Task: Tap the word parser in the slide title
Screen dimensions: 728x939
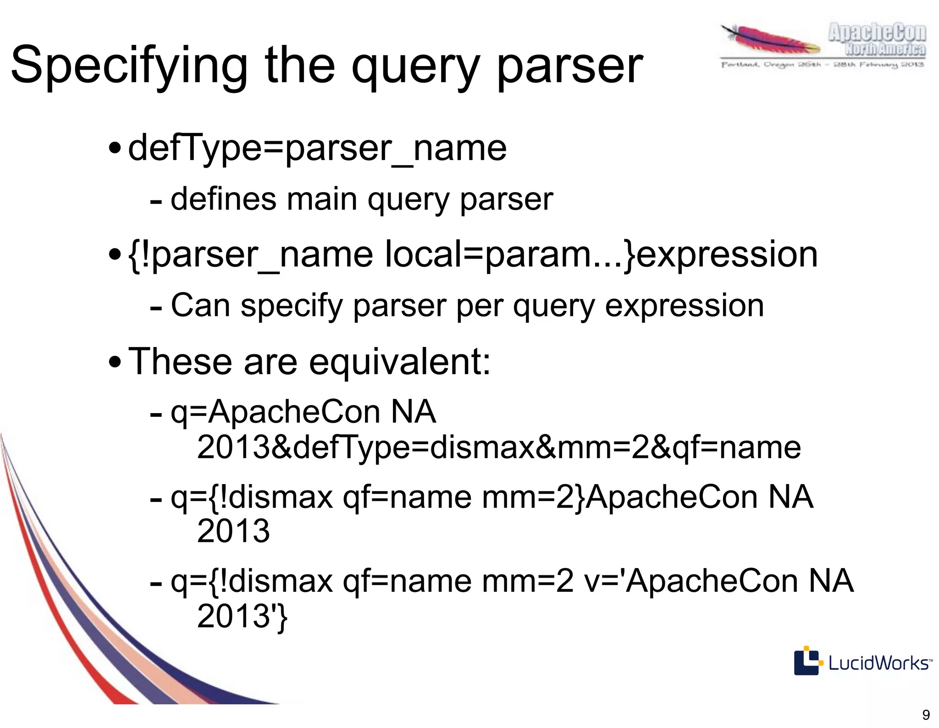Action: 570,66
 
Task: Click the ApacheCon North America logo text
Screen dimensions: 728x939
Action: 877,40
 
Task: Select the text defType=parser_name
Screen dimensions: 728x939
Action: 317,148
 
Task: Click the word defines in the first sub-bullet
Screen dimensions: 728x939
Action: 223,199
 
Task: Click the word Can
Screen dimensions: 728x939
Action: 200,306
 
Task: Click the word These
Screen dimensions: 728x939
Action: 180,361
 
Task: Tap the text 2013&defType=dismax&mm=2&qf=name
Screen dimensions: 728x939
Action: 499,448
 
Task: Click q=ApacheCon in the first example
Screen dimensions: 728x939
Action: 276,412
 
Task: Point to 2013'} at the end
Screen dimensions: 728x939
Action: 242,617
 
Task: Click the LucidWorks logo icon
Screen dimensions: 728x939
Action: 806,660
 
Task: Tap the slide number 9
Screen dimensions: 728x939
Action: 926,715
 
